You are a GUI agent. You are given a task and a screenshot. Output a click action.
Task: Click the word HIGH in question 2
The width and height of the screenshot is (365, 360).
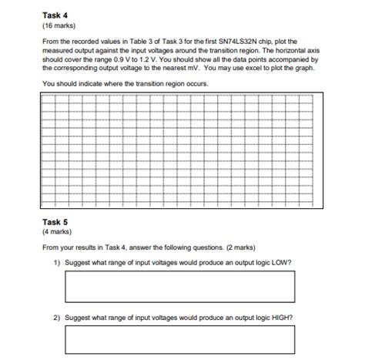(283, 317)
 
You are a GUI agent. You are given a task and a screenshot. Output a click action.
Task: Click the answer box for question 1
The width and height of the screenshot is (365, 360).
(180, 287)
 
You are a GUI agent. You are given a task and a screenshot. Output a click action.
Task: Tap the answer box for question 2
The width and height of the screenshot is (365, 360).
(180, 340)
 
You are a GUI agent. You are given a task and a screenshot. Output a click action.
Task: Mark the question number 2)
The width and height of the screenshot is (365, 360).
(57, 317)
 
